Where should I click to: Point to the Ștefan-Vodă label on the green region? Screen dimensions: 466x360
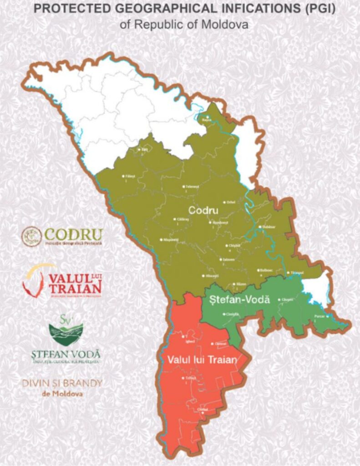click(240, 300)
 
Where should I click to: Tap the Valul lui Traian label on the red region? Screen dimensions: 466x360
click(202, 360)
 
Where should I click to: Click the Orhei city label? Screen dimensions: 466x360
click(231, 202)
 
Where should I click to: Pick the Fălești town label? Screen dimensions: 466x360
click(130, 176)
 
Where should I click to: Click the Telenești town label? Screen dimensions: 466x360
click(192, 187)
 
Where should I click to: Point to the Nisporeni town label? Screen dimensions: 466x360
click(169, 239)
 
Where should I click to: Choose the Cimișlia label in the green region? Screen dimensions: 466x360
click(232, 314)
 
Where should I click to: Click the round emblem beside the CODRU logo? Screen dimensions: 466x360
click(31, 237)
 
